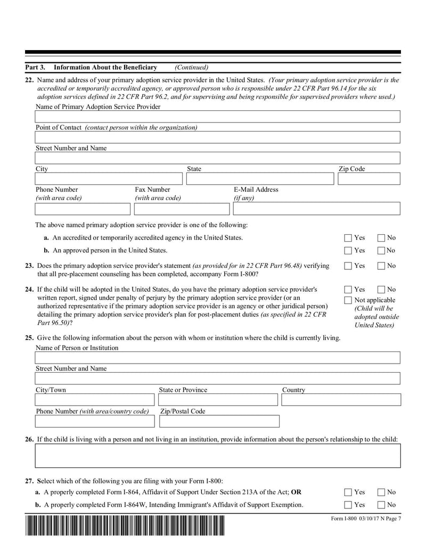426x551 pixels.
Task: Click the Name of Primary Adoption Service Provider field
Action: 217,117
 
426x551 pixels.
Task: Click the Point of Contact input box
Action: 217,137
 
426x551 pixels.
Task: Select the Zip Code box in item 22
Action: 368,179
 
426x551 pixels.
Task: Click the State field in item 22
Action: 260,179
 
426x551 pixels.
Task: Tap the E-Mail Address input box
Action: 316,208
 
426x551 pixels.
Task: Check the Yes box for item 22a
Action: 348,238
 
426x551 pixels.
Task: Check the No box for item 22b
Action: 382,251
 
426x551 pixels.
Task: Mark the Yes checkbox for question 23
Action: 348,266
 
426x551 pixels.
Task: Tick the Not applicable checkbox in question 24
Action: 348,301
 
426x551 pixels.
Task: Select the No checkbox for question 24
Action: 382,290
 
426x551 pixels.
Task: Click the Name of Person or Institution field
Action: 217,357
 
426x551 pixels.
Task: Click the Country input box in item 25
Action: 341,400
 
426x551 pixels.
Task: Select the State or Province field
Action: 219,400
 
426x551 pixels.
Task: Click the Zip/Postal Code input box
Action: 219,421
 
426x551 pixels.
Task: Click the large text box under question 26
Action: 217,456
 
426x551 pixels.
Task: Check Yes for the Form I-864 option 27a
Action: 348,492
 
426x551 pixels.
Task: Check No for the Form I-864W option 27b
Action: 382,505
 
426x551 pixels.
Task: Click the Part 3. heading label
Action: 35,68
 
